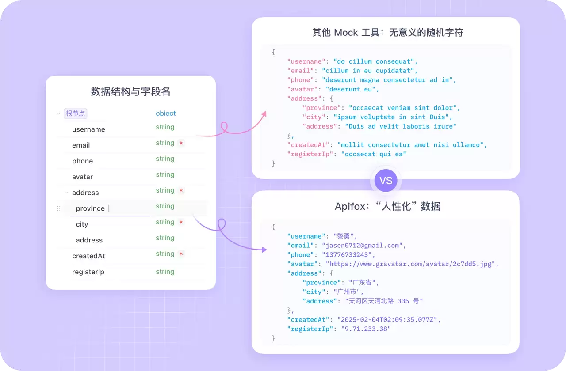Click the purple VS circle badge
(386, 181)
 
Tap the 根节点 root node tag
(75, 114)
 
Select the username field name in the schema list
(88, 129)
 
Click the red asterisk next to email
(181, 143)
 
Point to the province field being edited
(90, 208)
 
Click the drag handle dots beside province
(59, 208)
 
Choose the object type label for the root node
(165, 114)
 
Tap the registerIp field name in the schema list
(88, 272)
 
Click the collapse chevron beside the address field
(66, 193)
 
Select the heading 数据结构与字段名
(130, 91)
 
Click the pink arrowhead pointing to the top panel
(264, 114)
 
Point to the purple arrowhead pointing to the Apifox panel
(264, 250)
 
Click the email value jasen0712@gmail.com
(362, 246)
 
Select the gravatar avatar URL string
(410, 264)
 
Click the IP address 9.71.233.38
(366, 329)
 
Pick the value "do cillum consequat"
(374, 61)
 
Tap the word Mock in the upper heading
(346, 33)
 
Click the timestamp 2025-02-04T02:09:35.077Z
(387, 319)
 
